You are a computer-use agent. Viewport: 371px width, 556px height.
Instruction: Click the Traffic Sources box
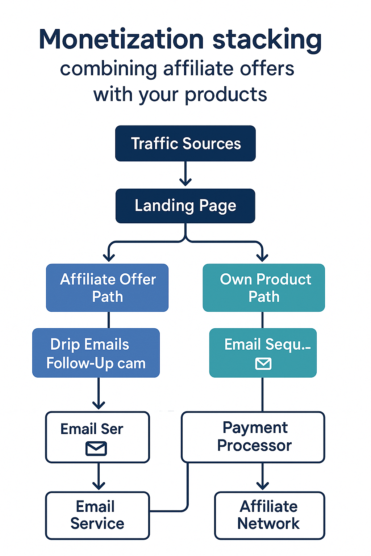(185, 143)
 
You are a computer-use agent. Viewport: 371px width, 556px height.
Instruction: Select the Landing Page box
(185, 206)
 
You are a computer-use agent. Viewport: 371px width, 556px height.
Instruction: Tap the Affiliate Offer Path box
(107, 288)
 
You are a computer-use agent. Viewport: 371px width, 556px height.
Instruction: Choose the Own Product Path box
(264, 288)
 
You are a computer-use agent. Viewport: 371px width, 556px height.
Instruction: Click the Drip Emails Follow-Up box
(96, 353)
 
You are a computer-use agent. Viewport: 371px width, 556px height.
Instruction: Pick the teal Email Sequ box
(263, 353)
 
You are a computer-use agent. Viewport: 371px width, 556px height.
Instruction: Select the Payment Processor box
(253, 437)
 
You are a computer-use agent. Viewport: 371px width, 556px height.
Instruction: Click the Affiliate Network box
(270, 515)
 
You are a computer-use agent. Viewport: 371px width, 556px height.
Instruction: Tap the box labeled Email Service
(97, 515)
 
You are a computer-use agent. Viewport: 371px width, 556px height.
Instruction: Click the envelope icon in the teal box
(263, 363)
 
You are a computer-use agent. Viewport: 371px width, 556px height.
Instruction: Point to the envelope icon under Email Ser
(96, 448)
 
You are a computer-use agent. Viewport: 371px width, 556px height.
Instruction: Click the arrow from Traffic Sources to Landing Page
(185, 174)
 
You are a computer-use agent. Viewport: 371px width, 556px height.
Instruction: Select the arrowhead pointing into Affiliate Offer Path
(109, 257)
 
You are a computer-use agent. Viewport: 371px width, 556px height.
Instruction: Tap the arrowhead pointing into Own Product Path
(262, 257)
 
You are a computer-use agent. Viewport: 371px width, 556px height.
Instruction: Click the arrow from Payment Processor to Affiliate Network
(263, 477)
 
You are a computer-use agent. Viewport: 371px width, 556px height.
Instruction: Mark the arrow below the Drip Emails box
(99, 395)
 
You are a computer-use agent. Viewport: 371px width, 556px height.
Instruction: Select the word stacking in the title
(267, 40)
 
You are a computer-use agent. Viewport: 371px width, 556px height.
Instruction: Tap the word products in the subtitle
(226, 95)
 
